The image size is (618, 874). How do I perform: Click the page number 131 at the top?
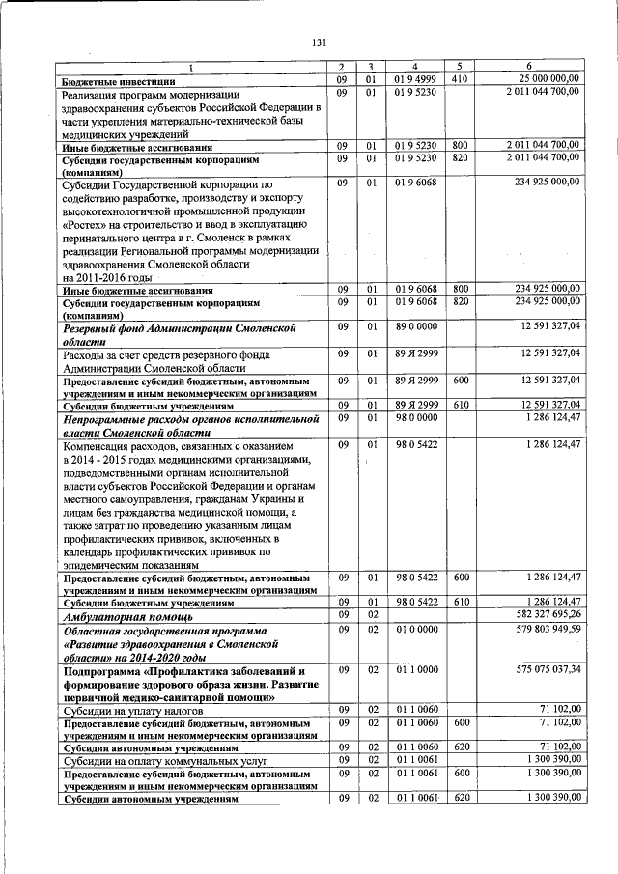321,41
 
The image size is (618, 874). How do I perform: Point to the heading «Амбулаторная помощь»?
127,615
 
